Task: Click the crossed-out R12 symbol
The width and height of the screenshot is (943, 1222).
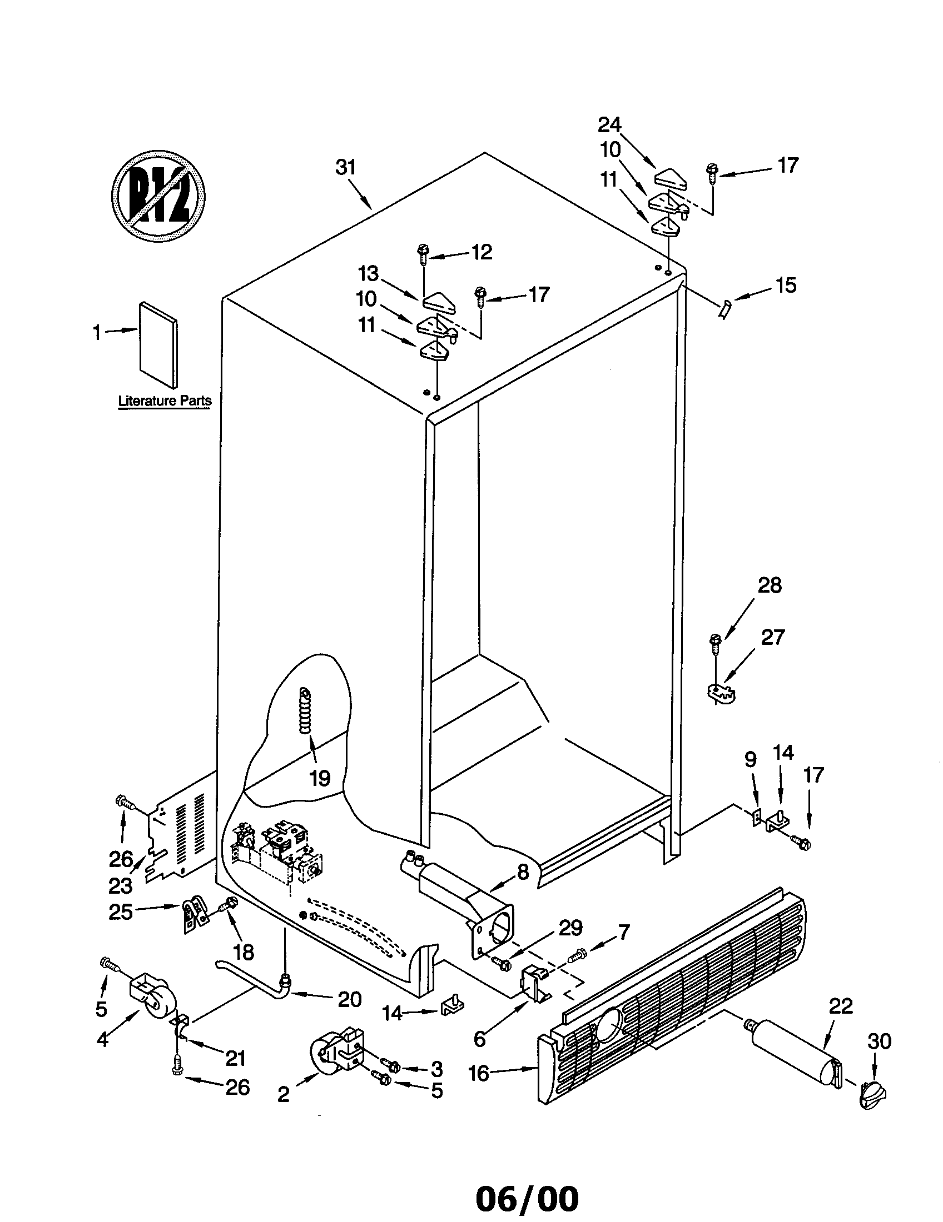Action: tap(158, 197)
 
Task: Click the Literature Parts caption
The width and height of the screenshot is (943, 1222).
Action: tap(165, 400)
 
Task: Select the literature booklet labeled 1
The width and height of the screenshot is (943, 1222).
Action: tap(158, 345)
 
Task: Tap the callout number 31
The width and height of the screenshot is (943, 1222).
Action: tap(345, 167)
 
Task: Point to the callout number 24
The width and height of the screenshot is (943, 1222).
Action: tap(609, 125)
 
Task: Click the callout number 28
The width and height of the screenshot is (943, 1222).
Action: tap(770, 586)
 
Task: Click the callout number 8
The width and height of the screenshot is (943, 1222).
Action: tap(523, 872)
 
